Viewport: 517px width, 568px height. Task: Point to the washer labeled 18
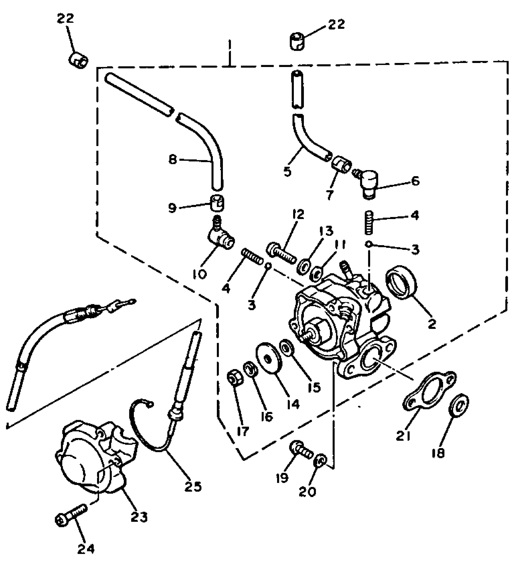[x=459, y=405]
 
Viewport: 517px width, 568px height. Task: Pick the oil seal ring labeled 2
[x=401, y=281]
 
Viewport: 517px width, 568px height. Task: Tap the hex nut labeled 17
[x=235, y=378]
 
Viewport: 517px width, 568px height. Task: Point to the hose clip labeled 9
[x=218, y=202]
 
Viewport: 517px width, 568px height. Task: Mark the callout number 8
[x=173, y=159]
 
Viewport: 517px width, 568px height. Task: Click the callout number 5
[x=287, y=171]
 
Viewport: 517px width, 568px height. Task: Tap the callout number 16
[x=267, y=416]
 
